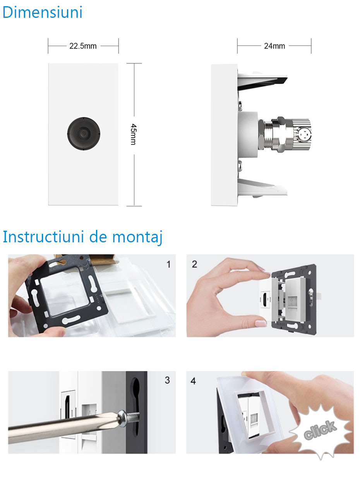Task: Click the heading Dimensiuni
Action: click(x=43, y=12)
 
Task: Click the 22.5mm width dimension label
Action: click(x=83, y=46)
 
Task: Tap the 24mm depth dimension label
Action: click(x=274, y=46)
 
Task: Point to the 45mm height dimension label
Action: click(x=133, y=134)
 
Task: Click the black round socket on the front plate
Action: click(x=84, y=134)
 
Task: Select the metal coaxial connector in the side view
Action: click(x=285, y=134)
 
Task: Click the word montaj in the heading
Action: click(x=137, y=238)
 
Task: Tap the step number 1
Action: click(x=168, y=264)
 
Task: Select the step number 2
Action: click(x=194, y=264)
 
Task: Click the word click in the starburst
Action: click(x=320, y=430)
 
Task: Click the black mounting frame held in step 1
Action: click(x=65, y=293)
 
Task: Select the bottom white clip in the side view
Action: click(x=262, y=189)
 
